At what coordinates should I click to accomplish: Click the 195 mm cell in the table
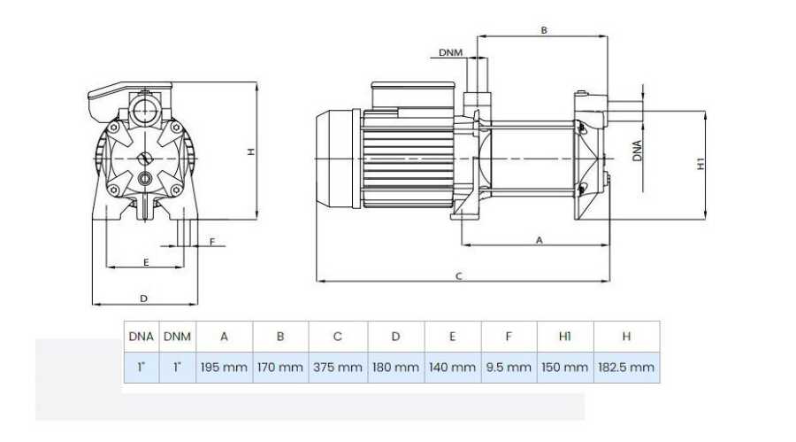[224, 368]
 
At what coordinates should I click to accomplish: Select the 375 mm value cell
[338, 368]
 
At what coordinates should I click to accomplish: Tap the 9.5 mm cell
[509, 368]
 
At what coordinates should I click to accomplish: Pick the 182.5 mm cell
[626, 368]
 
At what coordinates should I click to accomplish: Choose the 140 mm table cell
[452, 368]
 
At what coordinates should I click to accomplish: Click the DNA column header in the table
[142, 337]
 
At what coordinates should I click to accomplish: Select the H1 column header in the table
[565, 337]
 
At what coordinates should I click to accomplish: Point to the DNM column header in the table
[177, 337]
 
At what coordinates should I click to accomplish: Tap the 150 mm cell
[565, 368]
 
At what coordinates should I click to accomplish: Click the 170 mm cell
[280, 368]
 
